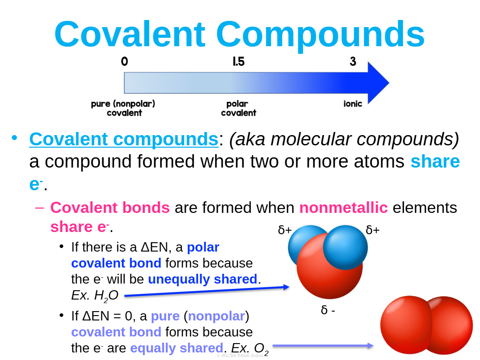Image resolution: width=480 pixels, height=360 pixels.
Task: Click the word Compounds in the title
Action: [320, 36]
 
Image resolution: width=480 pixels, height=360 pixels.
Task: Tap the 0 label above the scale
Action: [124, 61]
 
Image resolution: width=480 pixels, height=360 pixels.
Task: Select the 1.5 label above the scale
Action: [239, 61]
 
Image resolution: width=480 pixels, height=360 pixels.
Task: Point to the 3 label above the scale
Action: [353, 61]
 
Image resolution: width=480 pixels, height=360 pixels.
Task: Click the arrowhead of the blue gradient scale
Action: [378, 83]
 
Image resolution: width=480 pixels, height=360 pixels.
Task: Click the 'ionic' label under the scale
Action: [352, 104]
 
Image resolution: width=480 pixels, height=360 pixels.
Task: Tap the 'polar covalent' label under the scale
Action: [239, 108]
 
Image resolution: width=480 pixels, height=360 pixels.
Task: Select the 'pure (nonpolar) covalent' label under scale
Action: [123, 108]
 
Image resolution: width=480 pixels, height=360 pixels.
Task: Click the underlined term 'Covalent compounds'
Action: [124, 139]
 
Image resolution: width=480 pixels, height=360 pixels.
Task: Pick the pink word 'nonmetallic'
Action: [344, 208]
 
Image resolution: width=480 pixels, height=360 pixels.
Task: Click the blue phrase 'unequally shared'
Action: [203, 279]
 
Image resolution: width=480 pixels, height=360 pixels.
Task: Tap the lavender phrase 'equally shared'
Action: [176, 348]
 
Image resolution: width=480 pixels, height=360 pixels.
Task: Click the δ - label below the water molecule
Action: [328, 310]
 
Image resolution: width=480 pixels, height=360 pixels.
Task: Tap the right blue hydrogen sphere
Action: [345, 248]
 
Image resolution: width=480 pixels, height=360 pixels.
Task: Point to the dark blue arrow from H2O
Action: [207, 291]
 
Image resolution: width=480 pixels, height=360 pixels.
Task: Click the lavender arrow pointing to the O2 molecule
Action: [323, 346]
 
